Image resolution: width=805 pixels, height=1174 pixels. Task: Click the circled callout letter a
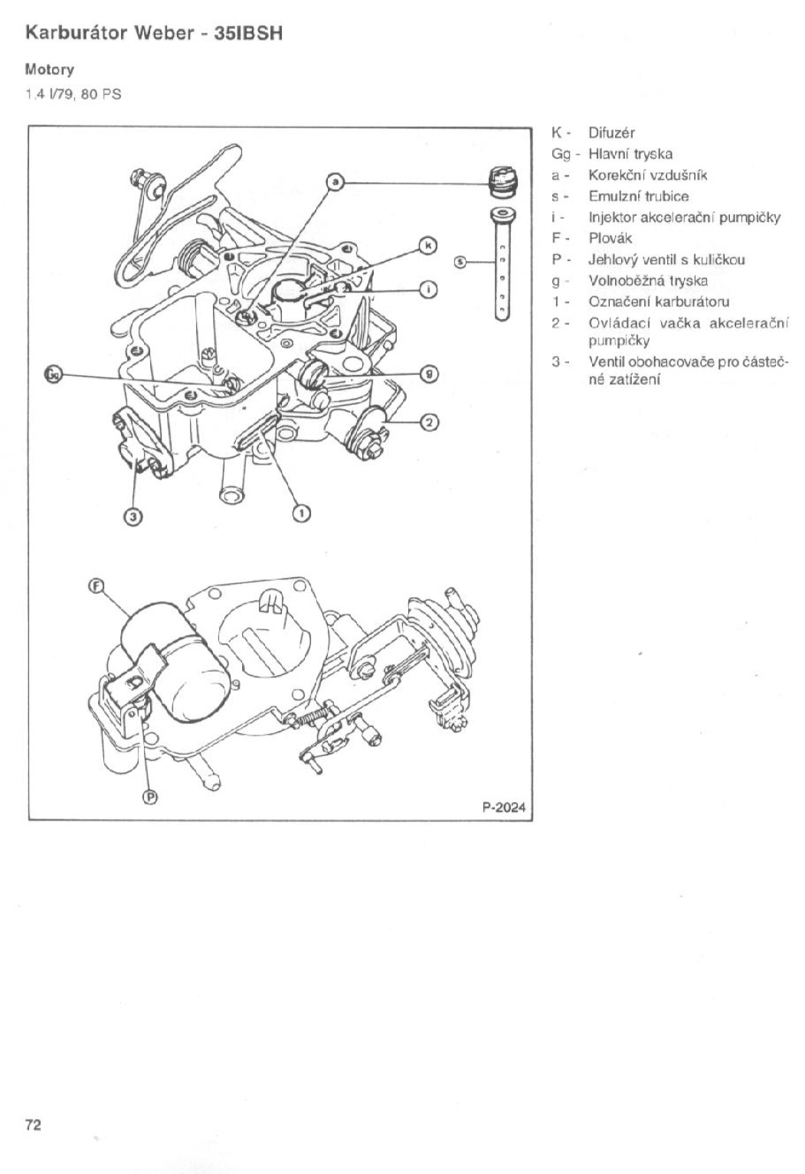pos(335,182)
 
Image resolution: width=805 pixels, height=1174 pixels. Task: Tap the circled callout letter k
pos(430,245)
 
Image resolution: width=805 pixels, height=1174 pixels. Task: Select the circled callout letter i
pos(430,289)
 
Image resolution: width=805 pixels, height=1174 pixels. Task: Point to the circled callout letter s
pos(460,262)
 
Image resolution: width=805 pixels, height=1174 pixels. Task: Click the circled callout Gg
pos(53,374)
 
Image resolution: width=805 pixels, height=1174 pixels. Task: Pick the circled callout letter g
pos(430,373)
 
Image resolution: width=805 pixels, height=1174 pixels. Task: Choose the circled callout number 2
pos(430,422)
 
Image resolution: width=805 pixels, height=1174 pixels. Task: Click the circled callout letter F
pos(96,585)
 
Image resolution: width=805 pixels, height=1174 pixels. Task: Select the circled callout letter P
pos(151,797)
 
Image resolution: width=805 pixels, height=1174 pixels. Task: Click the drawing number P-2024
pos(504,807)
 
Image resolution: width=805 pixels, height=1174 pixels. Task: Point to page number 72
pos(32,1124)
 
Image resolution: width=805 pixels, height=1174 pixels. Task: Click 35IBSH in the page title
pos(249,34)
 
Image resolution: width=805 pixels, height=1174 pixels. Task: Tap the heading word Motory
pos(49,70)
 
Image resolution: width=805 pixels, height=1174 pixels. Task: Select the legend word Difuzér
pos(611,132)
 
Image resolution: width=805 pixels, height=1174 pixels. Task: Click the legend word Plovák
pos(610,238)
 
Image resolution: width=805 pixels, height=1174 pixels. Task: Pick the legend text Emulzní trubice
pos(638,196)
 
